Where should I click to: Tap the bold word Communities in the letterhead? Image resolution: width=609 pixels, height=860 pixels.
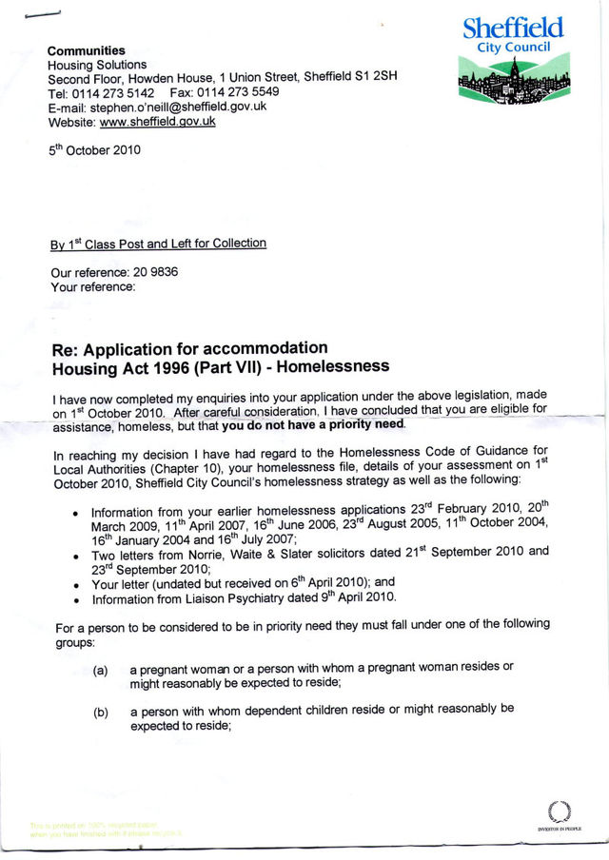click(x=87, y=50)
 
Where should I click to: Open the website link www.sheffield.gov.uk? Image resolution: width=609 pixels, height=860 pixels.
click(x=158, y=121)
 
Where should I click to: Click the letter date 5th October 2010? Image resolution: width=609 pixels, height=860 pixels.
click(x=95, y=151)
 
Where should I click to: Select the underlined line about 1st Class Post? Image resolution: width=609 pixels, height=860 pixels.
click(x=158, y=244)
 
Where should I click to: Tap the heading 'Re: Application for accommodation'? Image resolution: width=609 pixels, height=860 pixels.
click(x=189, y=348)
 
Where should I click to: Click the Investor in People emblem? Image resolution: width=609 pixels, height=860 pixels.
click(x=559, y=814)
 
